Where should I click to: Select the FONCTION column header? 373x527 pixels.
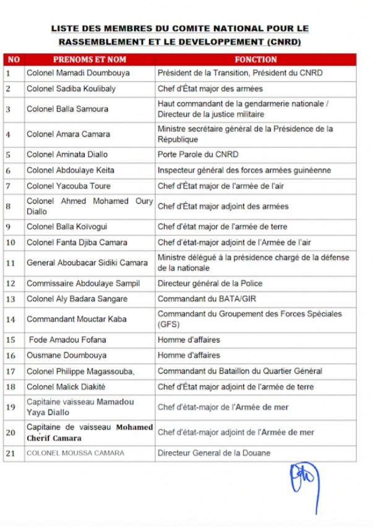click(255, 59)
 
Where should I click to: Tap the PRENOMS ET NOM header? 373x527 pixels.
click(90, 59)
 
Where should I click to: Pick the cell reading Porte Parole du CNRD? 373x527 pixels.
click(198, 154)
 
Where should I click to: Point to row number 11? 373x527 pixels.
click(10, 263)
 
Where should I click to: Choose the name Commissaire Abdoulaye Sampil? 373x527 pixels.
click(83, 284)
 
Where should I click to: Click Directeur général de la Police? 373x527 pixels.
click(210, 284)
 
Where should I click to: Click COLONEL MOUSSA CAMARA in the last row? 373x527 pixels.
click(75, 453)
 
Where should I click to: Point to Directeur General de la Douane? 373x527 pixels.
click(213, 453)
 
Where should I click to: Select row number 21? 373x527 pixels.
click(10, 453)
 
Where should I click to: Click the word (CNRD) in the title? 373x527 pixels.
click(285, 42)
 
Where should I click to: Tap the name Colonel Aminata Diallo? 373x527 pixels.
click(69, 154)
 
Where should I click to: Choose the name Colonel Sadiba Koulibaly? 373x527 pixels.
click(71, 89)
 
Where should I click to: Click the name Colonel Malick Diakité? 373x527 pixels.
click(70, 386)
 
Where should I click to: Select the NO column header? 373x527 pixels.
click(13, 59)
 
